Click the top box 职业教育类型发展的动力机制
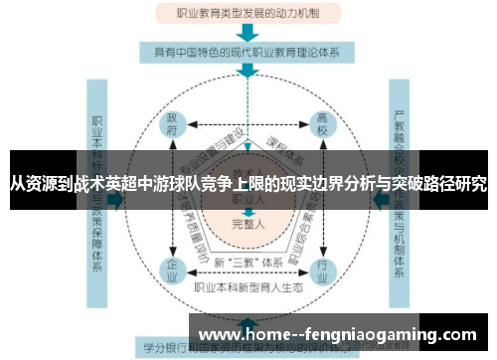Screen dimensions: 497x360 click(x=247, y=15)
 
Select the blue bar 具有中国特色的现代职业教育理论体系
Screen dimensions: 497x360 click(x=247, y=52)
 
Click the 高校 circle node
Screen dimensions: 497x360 click(x=321, y=126)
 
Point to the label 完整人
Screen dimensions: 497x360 click(x=247, y=224)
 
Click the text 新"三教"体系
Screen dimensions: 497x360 click(x=247, y=262)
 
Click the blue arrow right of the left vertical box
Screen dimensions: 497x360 click(x=116, y=199)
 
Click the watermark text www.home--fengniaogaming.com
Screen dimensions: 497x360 click(x=339, y=334)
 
